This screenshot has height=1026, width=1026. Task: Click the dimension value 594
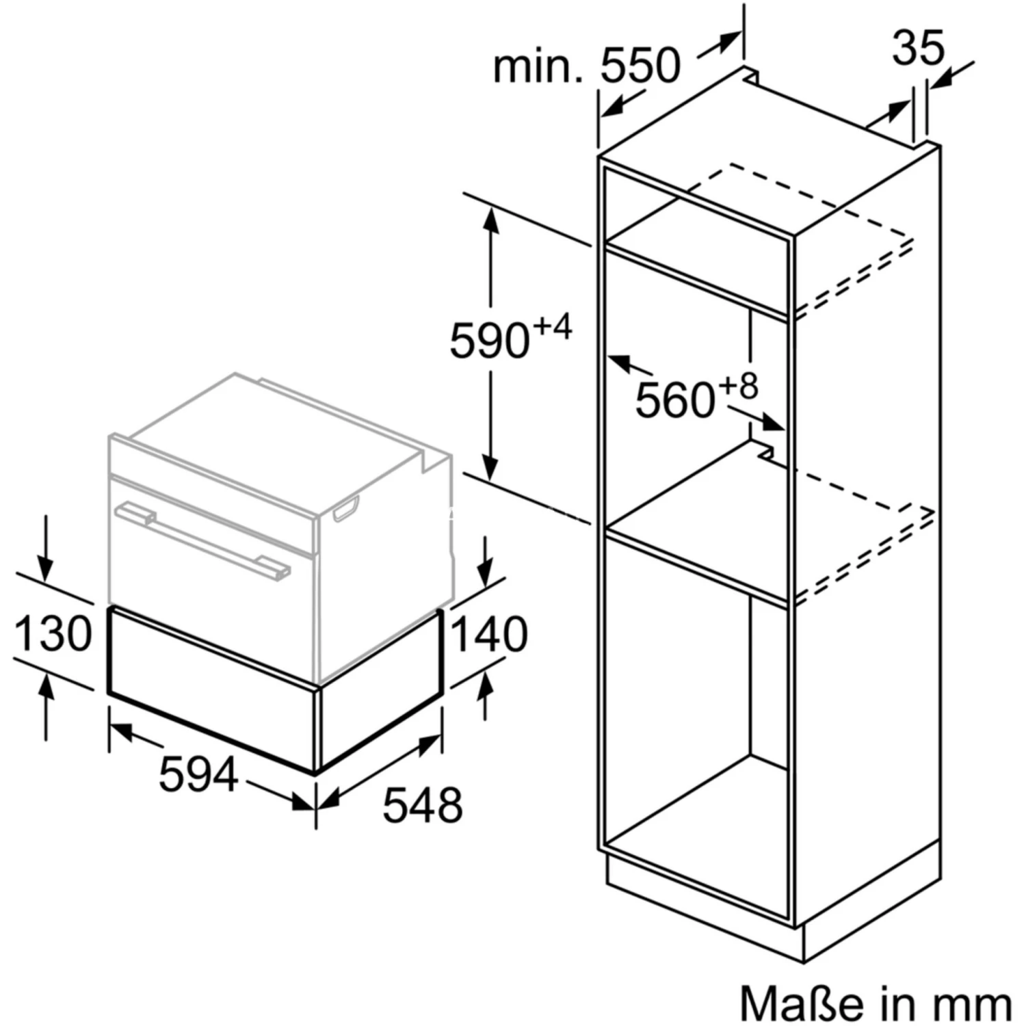point(198,774)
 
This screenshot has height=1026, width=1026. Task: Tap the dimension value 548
point(422,804)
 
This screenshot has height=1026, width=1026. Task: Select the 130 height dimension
point(53,633)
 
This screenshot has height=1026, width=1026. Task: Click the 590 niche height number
point(490,340)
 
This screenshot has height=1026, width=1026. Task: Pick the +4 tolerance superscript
point(552,327)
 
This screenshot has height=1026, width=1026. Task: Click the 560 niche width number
point(676,399)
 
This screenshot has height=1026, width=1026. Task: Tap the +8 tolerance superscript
point(739,386)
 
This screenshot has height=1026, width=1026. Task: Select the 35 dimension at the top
point(918,47)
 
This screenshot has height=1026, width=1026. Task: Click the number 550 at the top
point(640,66)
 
